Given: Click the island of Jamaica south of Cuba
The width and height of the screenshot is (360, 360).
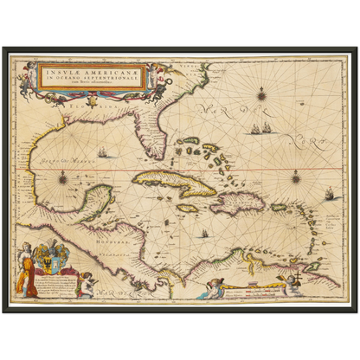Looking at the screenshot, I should click(188, 208).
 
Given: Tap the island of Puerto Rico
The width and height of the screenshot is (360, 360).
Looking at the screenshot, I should click(280, 207).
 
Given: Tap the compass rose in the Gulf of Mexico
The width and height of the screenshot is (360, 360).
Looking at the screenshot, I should click(62, 177).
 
